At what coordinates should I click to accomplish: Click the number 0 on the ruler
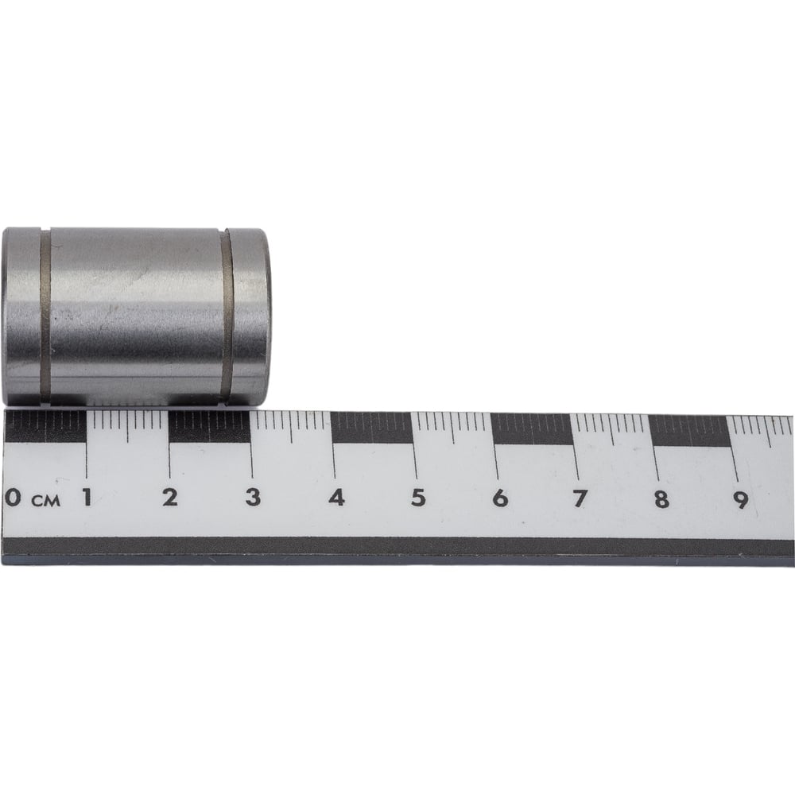coord(14,498)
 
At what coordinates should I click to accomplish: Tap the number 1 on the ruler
coord(87,498)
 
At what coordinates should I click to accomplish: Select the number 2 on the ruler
coord(170,498)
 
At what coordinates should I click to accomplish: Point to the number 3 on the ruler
coord(253,498)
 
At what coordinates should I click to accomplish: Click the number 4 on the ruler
coord(336,498)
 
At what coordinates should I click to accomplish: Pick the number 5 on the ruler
coord(418,498)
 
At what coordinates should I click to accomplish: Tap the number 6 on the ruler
coord(500,499)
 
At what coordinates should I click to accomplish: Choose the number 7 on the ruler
coord(580,499)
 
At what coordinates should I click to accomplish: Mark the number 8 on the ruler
coord(661,500)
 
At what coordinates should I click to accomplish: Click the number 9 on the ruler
coord(741,500)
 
